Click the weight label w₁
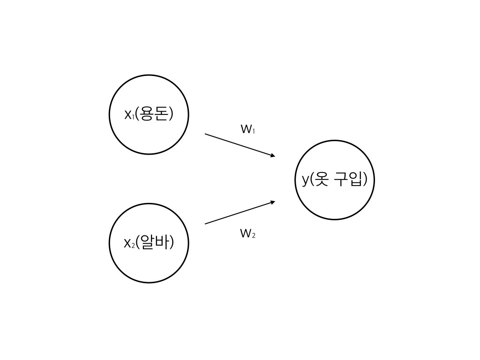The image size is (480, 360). [x=248, y=129]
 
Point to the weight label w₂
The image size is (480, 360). [x=247, y=233]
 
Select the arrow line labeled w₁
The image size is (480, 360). [x=240, y=145]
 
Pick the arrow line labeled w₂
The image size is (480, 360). [x=240, y=212]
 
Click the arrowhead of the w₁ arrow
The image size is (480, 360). [x=273, y=156]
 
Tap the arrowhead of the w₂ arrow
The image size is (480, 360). [x=273, y=202]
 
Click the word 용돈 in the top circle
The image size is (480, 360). [x=154, y=114]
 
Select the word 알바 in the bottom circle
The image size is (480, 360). [x=154, y=242]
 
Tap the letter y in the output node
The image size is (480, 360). [x=306, y=180]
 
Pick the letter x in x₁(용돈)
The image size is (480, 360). [x=128, y=115]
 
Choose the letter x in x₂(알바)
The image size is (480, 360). [x=127, y=244]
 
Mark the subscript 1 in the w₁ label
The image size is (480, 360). [x=254, y=132]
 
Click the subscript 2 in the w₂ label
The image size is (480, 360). [x=254, y=236]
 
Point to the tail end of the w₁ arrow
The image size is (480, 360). [x=205, y=134]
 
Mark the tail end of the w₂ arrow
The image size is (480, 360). [x=205, y=224]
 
